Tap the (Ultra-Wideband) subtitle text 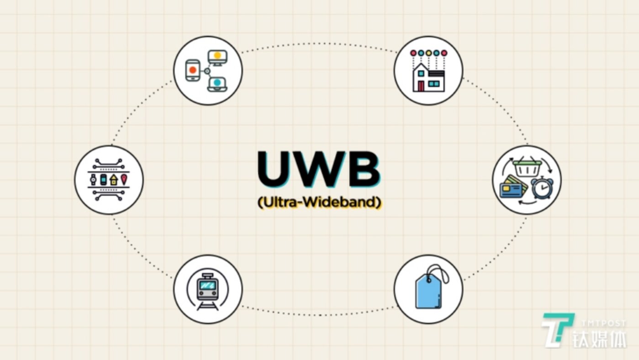click(319, 202)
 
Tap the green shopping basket click(527, 168)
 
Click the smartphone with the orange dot click(193, 70)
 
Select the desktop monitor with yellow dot click(217, 58)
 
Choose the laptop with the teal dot click(217, 85)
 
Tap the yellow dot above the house click(429, 53)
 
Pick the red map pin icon click(124, 179)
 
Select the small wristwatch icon click(93, 180)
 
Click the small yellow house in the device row click(114, 180)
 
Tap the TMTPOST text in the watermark click(604, 323)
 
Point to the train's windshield click(208, 286)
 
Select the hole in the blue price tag click(429, 281)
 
